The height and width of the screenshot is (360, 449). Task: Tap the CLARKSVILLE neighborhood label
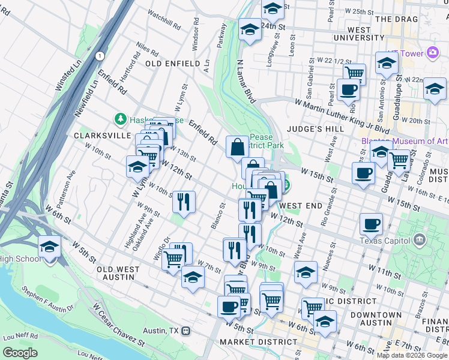[102, 136]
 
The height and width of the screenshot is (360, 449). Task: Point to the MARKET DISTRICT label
[258, 342]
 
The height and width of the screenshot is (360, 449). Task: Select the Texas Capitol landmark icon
[419, 241]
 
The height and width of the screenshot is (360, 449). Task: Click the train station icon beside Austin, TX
[187, 331]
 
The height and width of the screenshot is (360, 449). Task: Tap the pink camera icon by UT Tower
[433, 53]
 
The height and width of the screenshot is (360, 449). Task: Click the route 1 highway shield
[100, 55]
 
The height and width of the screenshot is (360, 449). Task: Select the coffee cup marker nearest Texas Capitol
[371, 223]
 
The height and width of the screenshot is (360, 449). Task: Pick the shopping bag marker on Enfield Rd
[238, 146]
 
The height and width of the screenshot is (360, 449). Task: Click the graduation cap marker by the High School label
[49, 247]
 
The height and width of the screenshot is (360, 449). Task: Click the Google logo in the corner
[20, 353]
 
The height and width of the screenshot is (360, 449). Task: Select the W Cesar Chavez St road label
[120, 325]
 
